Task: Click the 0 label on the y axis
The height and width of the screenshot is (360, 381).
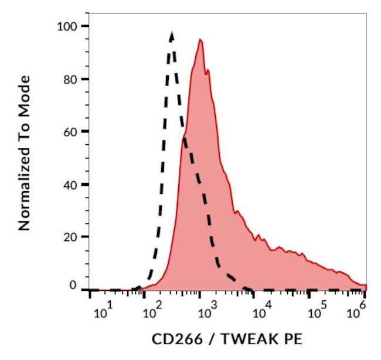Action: coord(73,286)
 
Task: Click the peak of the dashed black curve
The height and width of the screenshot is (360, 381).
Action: coord(171,34)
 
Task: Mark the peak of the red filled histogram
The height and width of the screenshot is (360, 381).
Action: coord(200,40)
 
